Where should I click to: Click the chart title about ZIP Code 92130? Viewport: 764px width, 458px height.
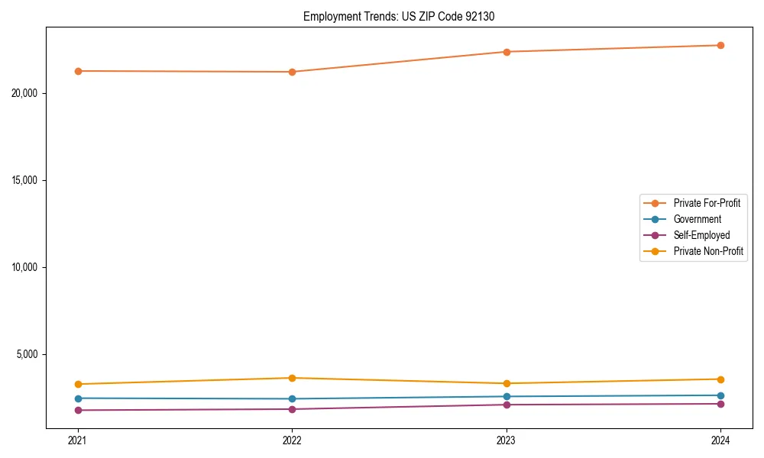pos(399,16)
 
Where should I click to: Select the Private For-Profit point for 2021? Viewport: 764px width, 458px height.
pos(78,71)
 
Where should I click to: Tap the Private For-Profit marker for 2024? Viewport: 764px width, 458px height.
pos(720,45)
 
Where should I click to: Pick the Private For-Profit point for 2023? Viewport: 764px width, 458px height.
pos(507,52)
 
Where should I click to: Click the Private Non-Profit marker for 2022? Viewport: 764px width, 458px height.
pos(292,378)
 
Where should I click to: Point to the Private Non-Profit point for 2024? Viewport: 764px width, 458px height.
pos(720,379)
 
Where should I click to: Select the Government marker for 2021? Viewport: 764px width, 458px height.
pos(78,398)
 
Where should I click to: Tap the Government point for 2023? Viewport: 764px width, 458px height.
pos(507,396)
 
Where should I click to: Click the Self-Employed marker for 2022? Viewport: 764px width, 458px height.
pos(292,409)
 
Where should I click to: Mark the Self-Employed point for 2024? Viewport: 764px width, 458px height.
pos(720,404)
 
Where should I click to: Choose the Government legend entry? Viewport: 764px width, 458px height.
pos(697,219)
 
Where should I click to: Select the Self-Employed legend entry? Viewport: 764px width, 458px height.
pos(701,235)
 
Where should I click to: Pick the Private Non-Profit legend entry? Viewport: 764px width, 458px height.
pos(708,251)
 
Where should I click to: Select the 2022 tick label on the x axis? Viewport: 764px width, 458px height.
pos(292,440)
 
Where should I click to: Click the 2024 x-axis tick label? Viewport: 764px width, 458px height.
pos(720,440)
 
